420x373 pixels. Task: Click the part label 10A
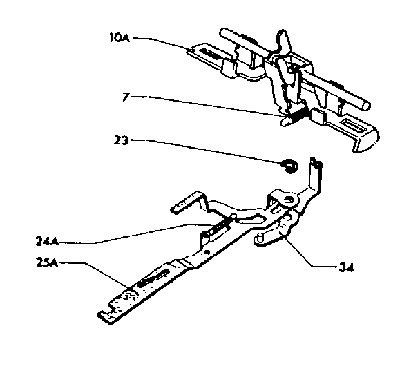pos(120,37)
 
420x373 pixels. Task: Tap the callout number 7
pos(126,97)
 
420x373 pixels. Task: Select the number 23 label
pos(121,140)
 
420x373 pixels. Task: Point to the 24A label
pos(47,241)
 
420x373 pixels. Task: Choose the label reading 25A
pos(47,262)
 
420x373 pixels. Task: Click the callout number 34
pos(346,267)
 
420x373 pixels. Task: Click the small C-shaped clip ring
pos(289,166)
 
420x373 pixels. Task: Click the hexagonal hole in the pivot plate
pos(287,199)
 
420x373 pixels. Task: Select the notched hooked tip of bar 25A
pos(107,316)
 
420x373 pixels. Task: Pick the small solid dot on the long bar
pos(207,252)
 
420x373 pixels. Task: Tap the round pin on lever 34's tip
pos(260,237)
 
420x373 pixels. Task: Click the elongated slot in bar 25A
pos(153,278)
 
